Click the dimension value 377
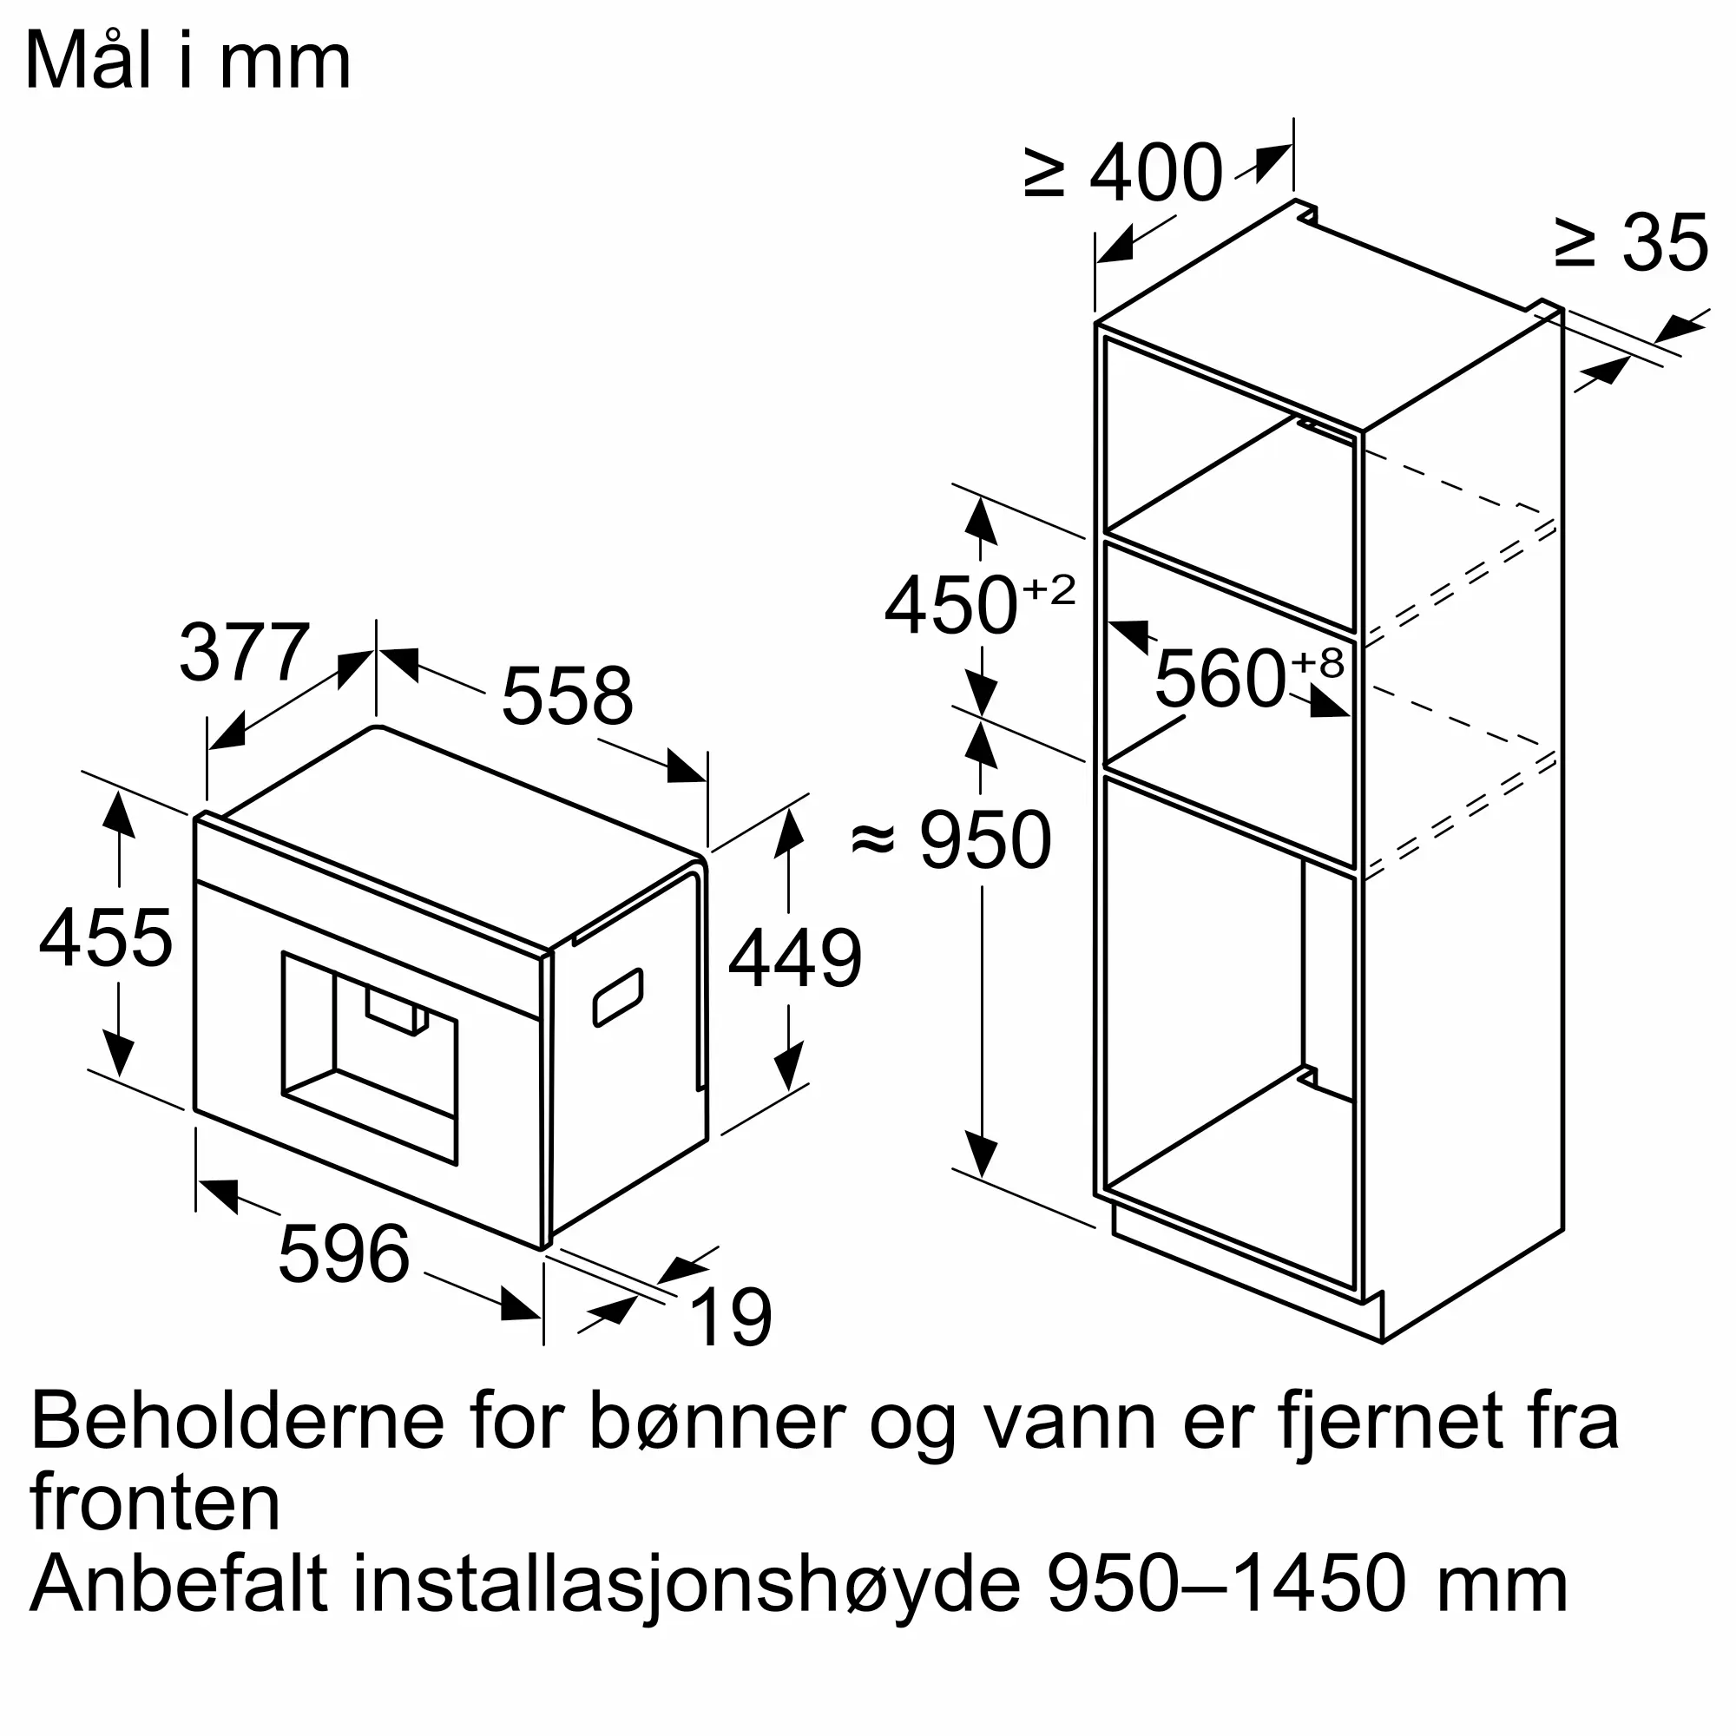[245, 653]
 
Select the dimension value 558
[567, 696]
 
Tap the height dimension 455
[106, 938]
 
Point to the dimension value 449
[795, 958]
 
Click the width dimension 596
[344, 1254]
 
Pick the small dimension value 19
[732, 1318]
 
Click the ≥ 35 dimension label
[1630, 243]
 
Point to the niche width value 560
[1220, 680]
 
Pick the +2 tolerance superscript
[1049, 590]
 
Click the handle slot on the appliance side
[618, 996]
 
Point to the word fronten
[155, 1503]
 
